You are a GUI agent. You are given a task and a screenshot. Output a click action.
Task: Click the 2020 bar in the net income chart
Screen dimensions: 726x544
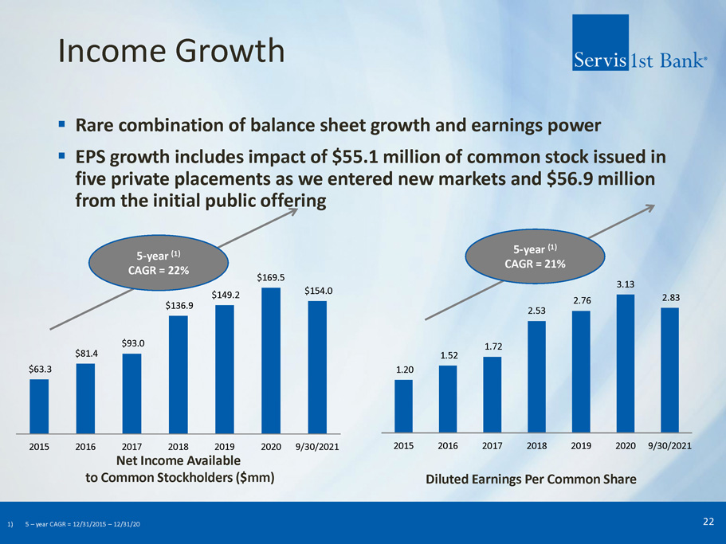[x=271, y=360]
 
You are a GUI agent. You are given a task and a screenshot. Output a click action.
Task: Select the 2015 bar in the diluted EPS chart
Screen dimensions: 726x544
[x=403, y=406]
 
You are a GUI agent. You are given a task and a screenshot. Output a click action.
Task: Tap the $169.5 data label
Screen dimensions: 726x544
[x=271, y=277]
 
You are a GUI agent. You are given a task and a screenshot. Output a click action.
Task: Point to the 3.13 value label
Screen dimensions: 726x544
[x=625, y=284]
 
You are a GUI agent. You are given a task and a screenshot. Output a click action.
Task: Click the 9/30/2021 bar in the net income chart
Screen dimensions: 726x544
[x=317, y=367]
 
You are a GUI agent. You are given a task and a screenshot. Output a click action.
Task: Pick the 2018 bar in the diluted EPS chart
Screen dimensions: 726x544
[x=536, y=377]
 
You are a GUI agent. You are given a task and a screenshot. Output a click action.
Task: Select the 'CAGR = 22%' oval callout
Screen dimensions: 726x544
[x=159, y=263]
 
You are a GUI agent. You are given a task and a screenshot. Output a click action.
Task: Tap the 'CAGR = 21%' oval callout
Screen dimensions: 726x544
[x=535, y=256]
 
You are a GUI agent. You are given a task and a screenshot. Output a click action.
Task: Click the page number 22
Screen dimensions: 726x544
[x=708, y=522]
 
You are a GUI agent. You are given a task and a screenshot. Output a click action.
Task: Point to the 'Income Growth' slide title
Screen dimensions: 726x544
[x=171, y=50]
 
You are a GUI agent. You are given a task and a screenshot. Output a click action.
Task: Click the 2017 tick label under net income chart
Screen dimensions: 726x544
[x=131, y=447]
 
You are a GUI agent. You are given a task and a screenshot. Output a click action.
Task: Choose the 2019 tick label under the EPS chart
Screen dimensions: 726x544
[x=581, y=446]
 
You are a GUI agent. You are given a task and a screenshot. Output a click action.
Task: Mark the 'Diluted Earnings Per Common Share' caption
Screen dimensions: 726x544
[x=531, y=479]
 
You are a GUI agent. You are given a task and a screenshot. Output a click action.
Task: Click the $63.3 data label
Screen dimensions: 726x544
[x=40, y=369]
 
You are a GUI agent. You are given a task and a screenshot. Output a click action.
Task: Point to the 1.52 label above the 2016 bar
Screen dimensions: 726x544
[x=449, y=355]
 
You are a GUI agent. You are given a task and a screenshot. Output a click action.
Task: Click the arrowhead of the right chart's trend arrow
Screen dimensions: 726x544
[x=650, y=208]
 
